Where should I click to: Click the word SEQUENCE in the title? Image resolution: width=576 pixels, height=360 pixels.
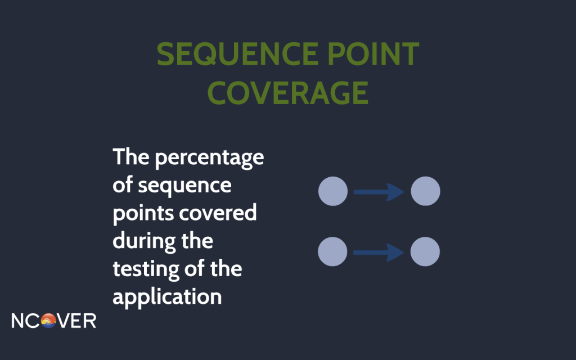[x=238, y=54]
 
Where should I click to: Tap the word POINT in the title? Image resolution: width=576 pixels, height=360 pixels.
[x=373, y=53]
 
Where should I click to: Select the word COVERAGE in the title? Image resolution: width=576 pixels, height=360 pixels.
[x=288, y=93]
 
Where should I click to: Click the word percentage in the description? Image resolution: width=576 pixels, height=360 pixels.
[x=209, y=158]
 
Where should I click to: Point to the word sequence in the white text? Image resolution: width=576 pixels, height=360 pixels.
[x=184, y=186]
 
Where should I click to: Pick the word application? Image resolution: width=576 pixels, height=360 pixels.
[x=167, y=297]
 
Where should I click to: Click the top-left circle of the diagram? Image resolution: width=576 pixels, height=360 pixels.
[x=333, y=191]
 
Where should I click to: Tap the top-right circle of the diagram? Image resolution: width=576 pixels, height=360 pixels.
[x=425, y=191]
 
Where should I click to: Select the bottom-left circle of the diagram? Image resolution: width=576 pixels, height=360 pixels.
[x=332, y=251]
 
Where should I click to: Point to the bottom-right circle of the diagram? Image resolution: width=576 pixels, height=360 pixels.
[x=425, y=251]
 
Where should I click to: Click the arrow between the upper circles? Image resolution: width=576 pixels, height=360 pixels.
[x=379, y=192]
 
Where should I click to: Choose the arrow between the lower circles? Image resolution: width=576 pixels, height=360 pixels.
[x=379, y=253]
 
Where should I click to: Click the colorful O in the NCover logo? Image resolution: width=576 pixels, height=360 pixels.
[x=48, y=321]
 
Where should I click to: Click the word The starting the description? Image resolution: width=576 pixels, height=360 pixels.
[x=131, y=157]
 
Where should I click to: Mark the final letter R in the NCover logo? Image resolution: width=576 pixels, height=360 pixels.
[x=91, y=321]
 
